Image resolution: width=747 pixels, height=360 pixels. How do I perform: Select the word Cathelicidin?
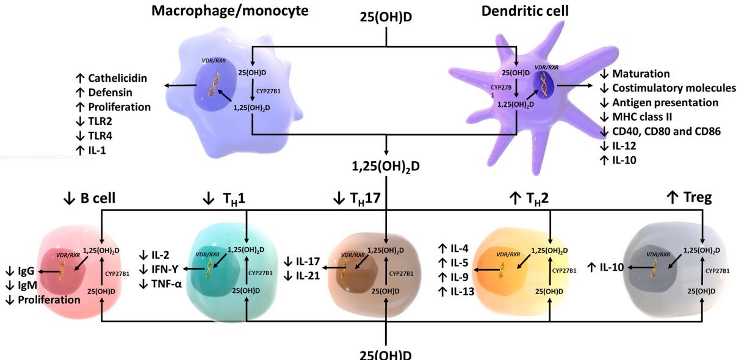pos(119,78)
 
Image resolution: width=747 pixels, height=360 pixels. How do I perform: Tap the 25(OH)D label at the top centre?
pos(386,17)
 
